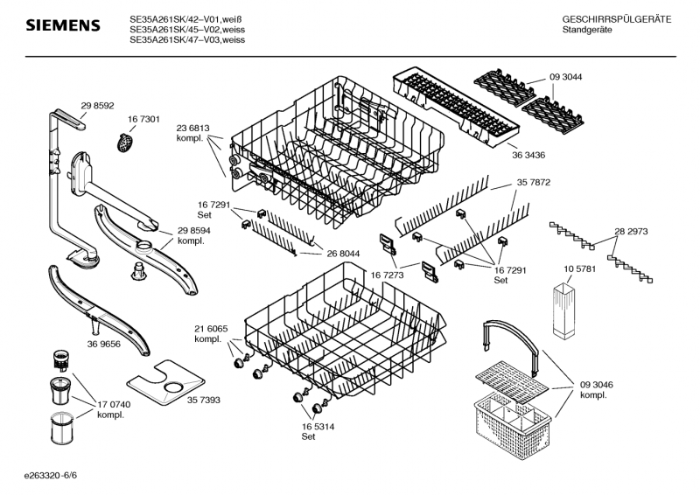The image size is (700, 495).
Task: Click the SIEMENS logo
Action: click(61, 26)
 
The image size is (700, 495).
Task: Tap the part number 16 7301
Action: click(143, 119)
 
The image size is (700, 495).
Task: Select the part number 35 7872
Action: click(533, 184)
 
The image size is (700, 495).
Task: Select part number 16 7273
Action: click(388, 274)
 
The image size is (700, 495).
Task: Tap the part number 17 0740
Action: click(114, 404)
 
